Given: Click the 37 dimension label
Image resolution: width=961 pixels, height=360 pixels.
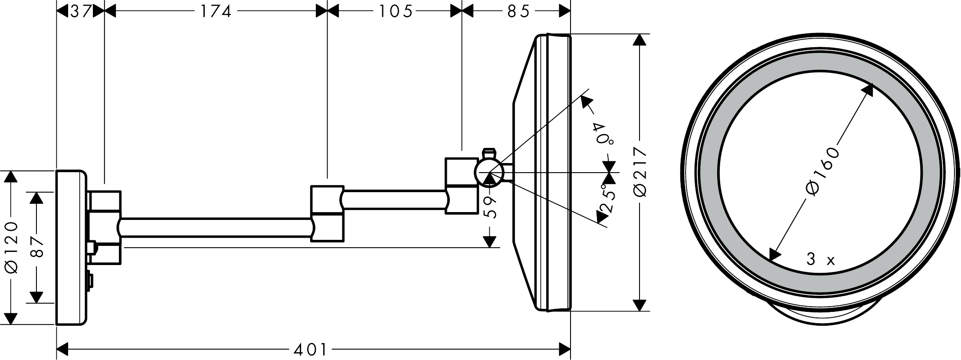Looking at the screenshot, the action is (x=80, y=11).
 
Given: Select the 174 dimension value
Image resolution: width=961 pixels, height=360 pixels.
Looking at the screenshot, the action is (x=216, y=11).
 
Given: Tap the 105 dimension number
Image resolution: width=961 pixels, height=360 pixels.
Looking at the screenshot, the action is (x=395, y=11).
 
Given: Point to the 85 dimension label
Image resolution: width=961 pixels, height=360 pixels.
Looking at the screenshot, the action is (x=518, y=11).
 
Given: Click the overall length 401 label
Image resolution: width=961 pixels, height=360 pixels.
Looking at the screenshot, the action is (x=310, y=349).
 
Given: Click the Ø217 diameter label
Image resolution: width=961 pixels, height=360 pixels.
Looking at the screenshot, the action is (x=640, y=172).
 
